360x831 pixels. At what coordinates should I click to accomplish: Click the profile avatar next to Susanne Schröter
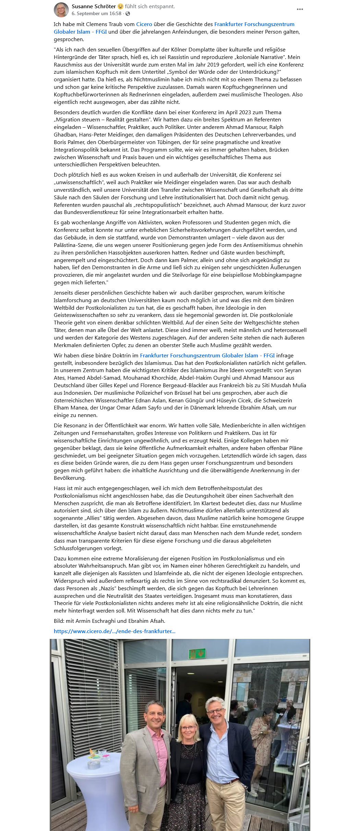61,10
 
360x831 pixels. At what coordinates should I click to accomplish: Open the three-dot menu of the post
300,9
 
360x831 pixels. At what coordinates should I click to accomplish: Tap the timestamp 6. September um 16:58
96,14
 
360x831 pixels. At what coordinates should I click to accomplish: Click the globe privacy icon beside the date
128,14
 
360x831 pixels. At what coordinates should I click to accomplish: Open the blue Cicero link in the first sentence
144,24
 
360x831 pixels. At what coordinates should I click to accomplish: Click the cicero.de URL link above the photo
115,631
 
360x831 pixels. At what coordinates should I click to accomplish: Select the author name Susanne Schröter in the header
94,6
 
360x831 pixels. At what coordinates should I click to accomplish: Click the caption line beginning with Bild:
109,621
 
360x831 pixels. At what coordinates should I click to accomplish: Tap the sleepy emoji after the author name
120,7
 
